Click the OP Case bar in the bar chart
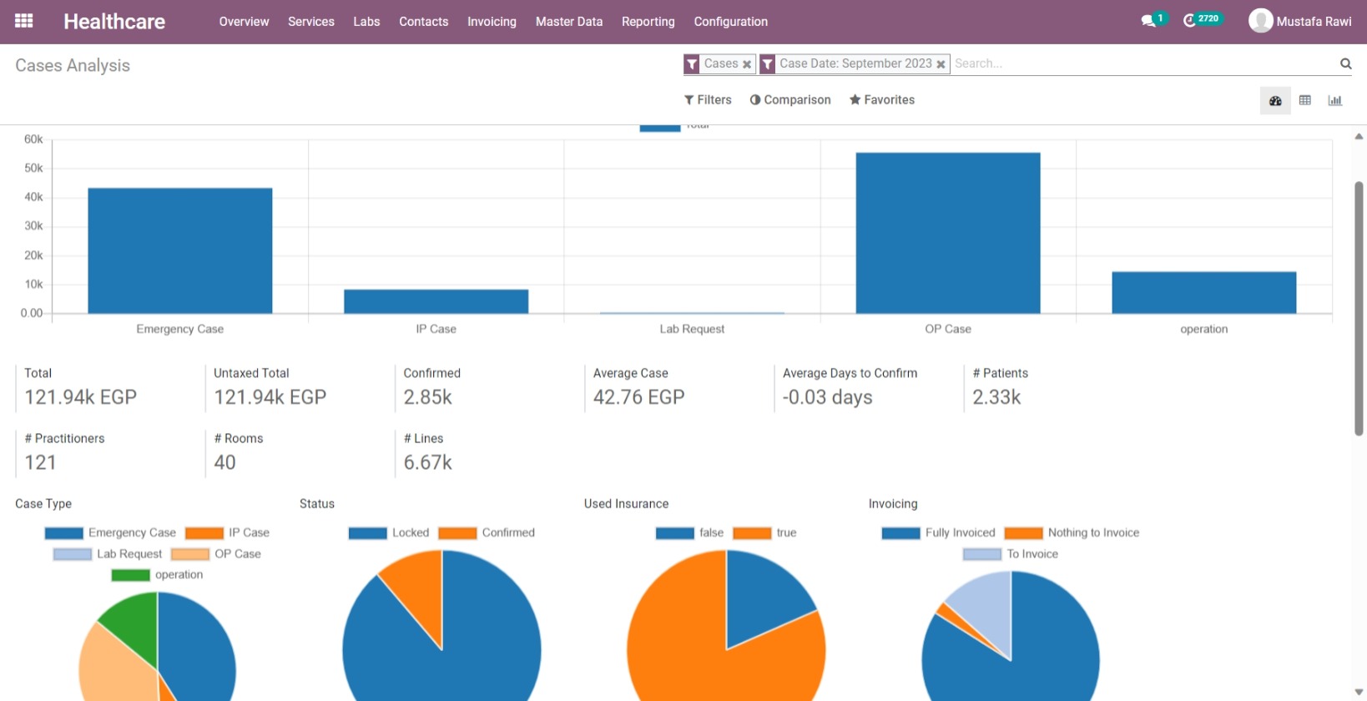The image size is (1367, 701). pyautogui.click(x=947, y=234)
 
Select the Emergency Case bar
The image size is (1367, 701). pyautogui.click(x=179, y=250)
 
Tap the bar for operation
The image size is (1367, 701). pyautogui.click(x=1203, y=293)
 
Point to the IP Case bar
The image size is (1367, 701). pyautogui.click(x=436, y=301)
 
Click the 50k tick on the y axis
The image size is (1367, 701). pyautogui.click(x=33, y=168)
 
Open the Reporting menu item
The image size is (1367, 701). pyautogui.click(x=648, y=22)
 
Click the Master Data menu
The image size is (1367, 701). pyautogui.click(x=568, y=22)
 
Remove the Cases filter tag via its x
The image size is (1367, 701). pyautogui.click(x=747, y=64)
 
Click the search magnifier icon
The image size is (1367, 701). pyautogui.click(x=1345, y=63)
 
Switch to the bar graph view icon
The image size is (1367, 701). pyautogui.click(x=1334, y=101)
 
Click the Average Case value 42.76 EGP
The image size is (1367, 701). pyautogui.click(x=638, y=397)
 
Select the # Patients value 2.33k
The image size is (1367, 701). pyautogui.click(x=996, y=397)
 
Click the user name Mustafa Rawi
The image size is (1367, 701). pyautogui.click(x=1313, y=22)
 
